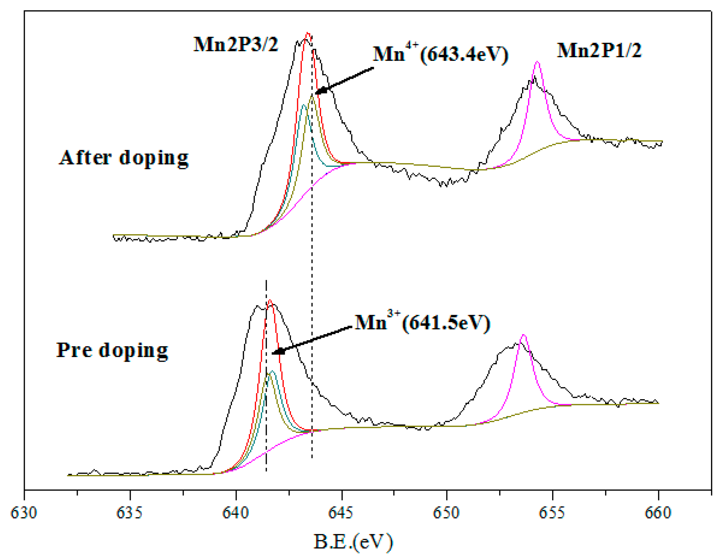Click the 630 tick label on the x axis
(x=24, y=513)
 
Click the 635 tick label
(x=130, y=513)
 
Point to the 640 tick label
(x=235, y=513)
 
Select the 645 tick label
(x=341, y=513)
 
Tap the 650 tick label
(x=447, y=513)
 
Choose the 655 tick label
(x=552, y=513)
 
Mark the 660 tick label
(x=658, y=513)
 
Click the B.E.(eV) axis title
(x=353, y=542)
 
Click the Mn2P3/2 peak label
(x=236, y=45)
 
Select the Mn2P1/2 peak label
(x=599, y=50)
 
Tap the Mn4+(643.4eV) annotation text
(x=440, y=54)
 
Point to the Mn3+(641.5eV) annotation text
(x=422, y=322)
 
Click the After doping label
(x=124, y=157)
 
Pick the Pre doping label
(x=112, y=350)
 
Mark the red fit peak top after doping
(x=308, y=34)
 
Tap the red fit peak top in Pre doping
(x=270, y=301)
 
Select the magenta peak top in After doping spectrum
(x=537, y=62)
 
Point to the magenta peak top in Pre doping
(x=523, y=335)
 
